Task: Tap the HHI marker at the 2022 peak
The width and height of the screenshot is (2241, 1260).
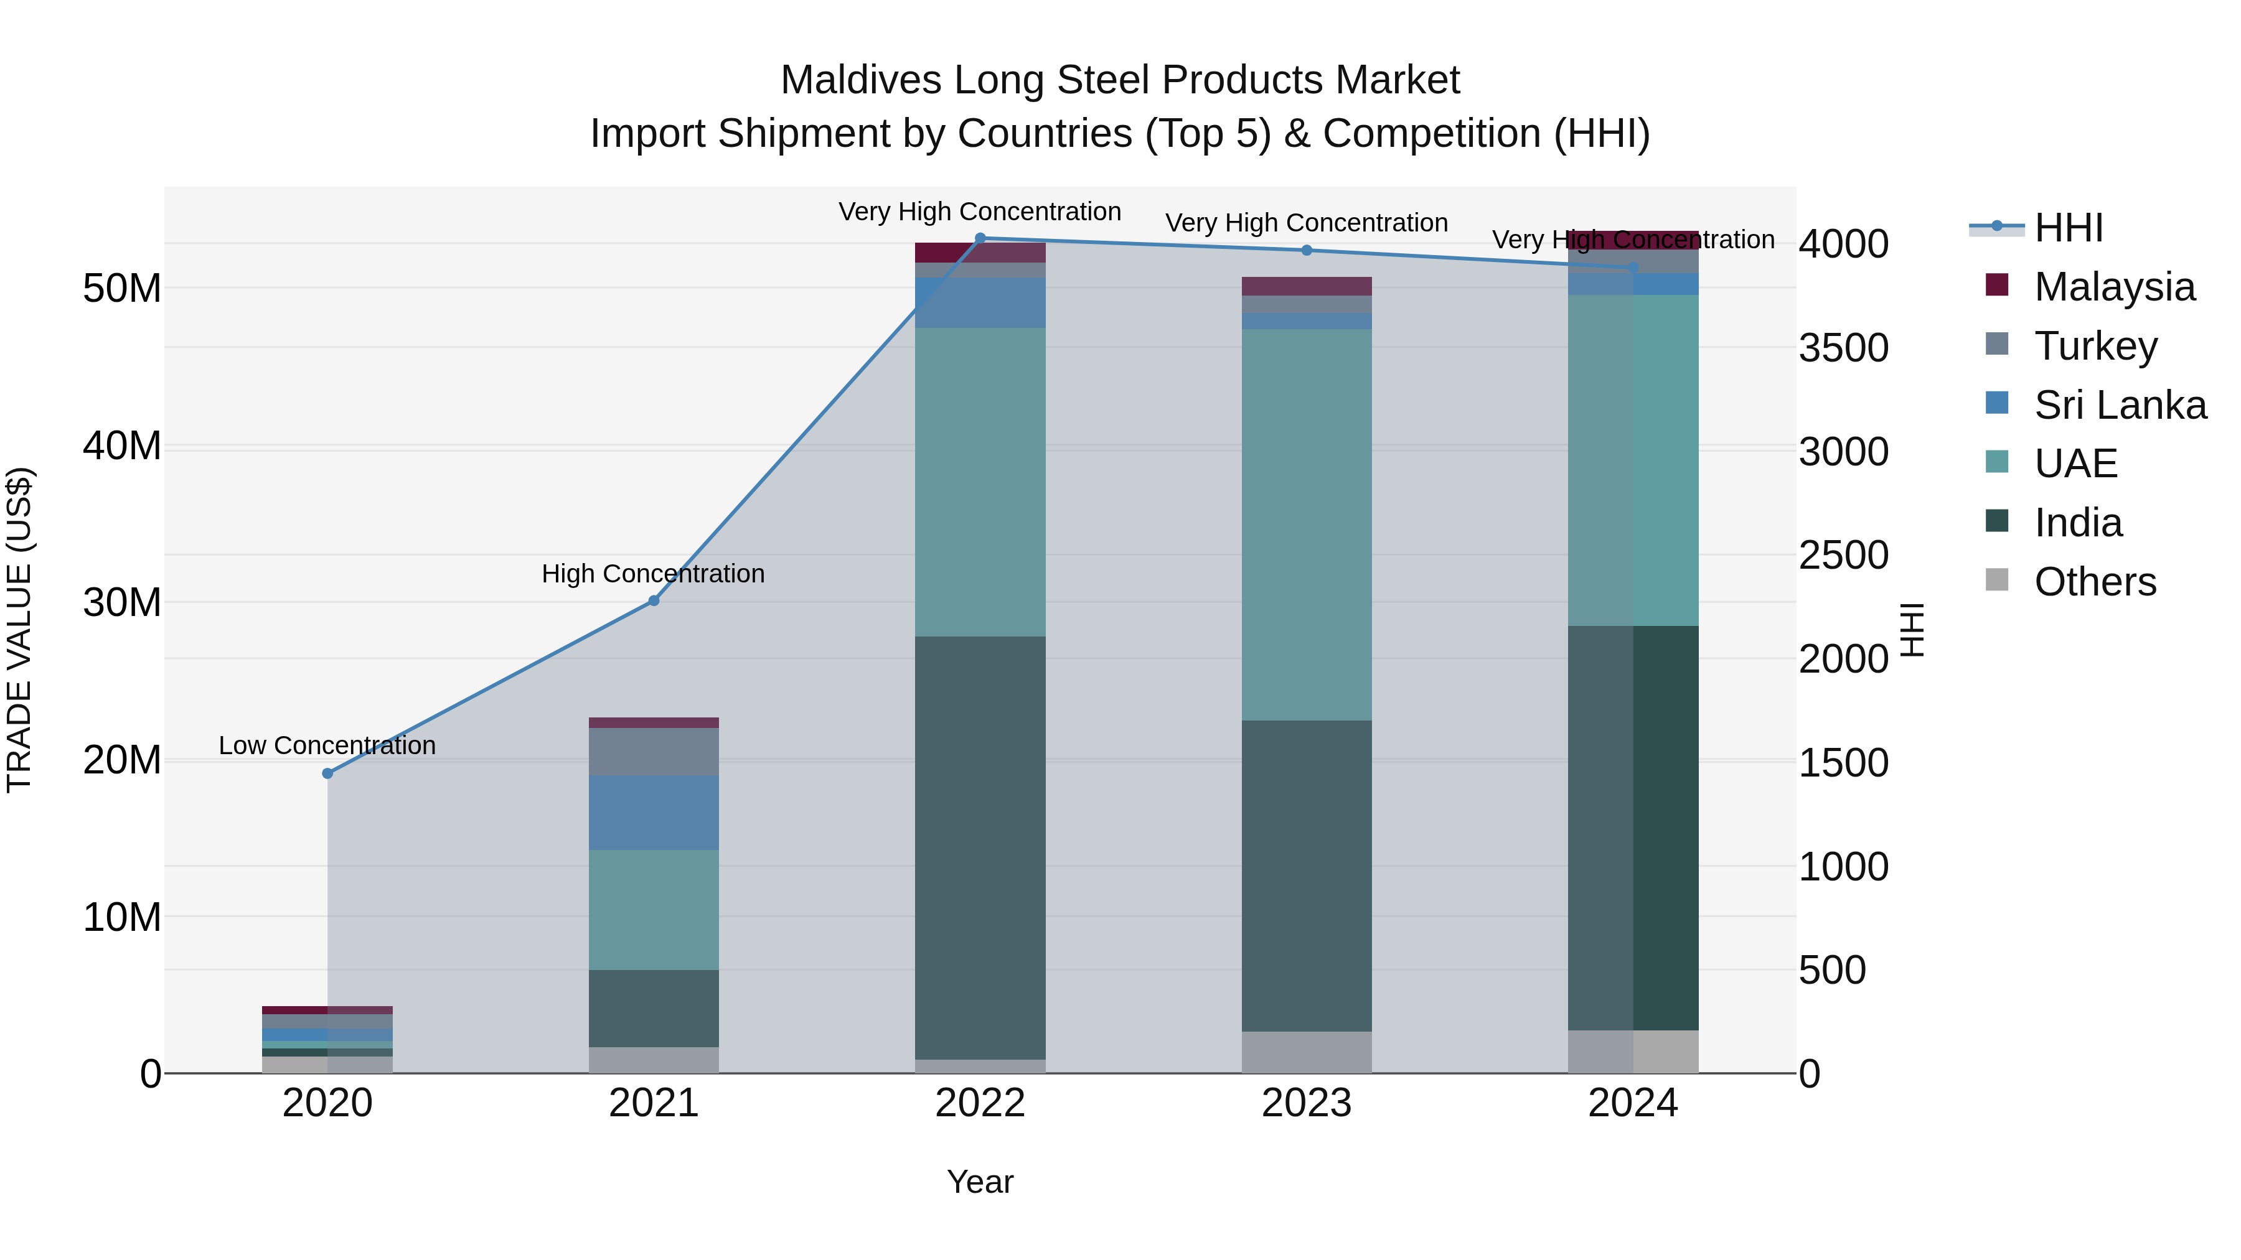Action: pyautogui.click(x=980, y=238)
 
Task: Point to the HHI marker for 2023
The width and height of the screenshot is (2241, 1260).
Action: pyautogui.click(x=1307, y=250)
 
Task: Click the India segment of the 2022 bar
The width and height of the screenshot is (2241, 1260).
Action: pyautogui.click(x=980, y=848)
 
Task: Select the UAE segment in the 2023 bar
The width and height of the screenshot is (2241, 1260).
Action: pyautogui.click(x=1307, y=525)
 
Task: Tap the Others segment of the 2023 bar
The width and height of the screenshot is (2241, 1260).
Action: pyautogui.click(x=1307, y=1052)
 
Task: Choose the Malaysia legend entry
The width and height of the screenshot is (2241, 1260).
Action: pyautogui.click(x=2114, y=287)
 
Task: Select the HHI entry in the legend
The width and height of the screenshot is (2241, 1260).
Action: pyautogui.click(x=2068, y=228)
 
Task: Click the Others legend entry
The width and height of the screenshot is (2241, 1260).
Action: pyautogui.click(x=2095, y=582)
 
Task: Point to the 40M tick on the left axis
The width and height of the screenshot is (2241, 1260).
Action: pyautogui.click(x=122, y=446)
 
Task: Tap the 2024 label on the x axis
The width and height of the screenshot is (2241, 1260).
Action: pyautogui.click(x=1633, y=1103)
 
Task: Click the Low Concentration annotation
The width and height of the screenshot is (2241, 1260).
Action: pyautogui.click(x=327, y=745)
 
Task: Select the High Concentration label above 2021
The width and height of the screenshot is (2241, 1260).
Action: pyautogui.click(x=654, y=574)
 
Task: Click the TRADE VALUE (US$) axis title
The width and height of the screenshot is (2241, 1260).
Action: pyautogui.click(x=20, y=630)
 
